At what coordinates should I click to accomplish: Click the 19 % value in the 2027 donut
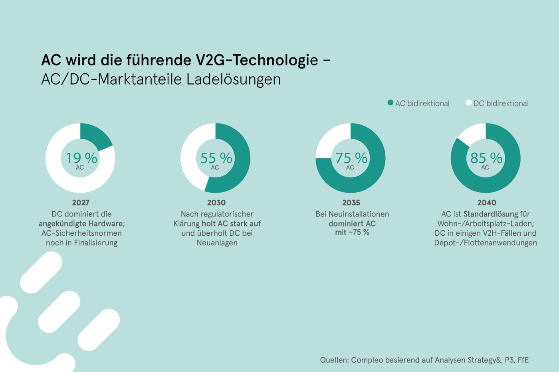(81, 158)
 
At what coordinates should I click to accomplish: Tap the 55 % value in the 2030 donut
(216, 158)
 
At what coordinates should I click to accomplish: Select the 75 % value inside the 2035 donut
(351, 158)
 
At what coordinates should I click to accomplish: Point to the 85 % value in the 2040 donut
(486, 158)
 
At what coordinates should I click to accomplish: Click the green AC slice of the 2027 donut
(95, 136)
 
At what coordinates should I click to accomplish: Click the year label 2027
(81, 203)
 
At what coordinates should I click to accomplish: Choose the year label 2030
(216, 203)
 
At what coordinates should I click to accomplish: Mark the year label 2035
(351, 203)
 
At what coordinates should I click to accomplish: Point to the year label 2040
(487, 203)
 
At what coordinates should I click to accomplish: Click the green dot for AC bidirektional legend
(391, 102)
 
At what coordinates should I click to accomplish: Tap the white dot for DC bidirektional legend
(469, 102)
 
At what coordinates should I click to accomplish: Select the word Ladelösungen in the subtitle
(234, 80)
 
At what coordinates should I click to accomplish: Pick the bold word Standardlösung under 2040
(491, 214)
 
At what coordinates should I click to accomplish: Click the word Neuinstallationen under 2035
(359, 214)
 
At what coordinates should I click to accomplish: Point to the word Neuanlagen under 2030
(217, 243)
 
